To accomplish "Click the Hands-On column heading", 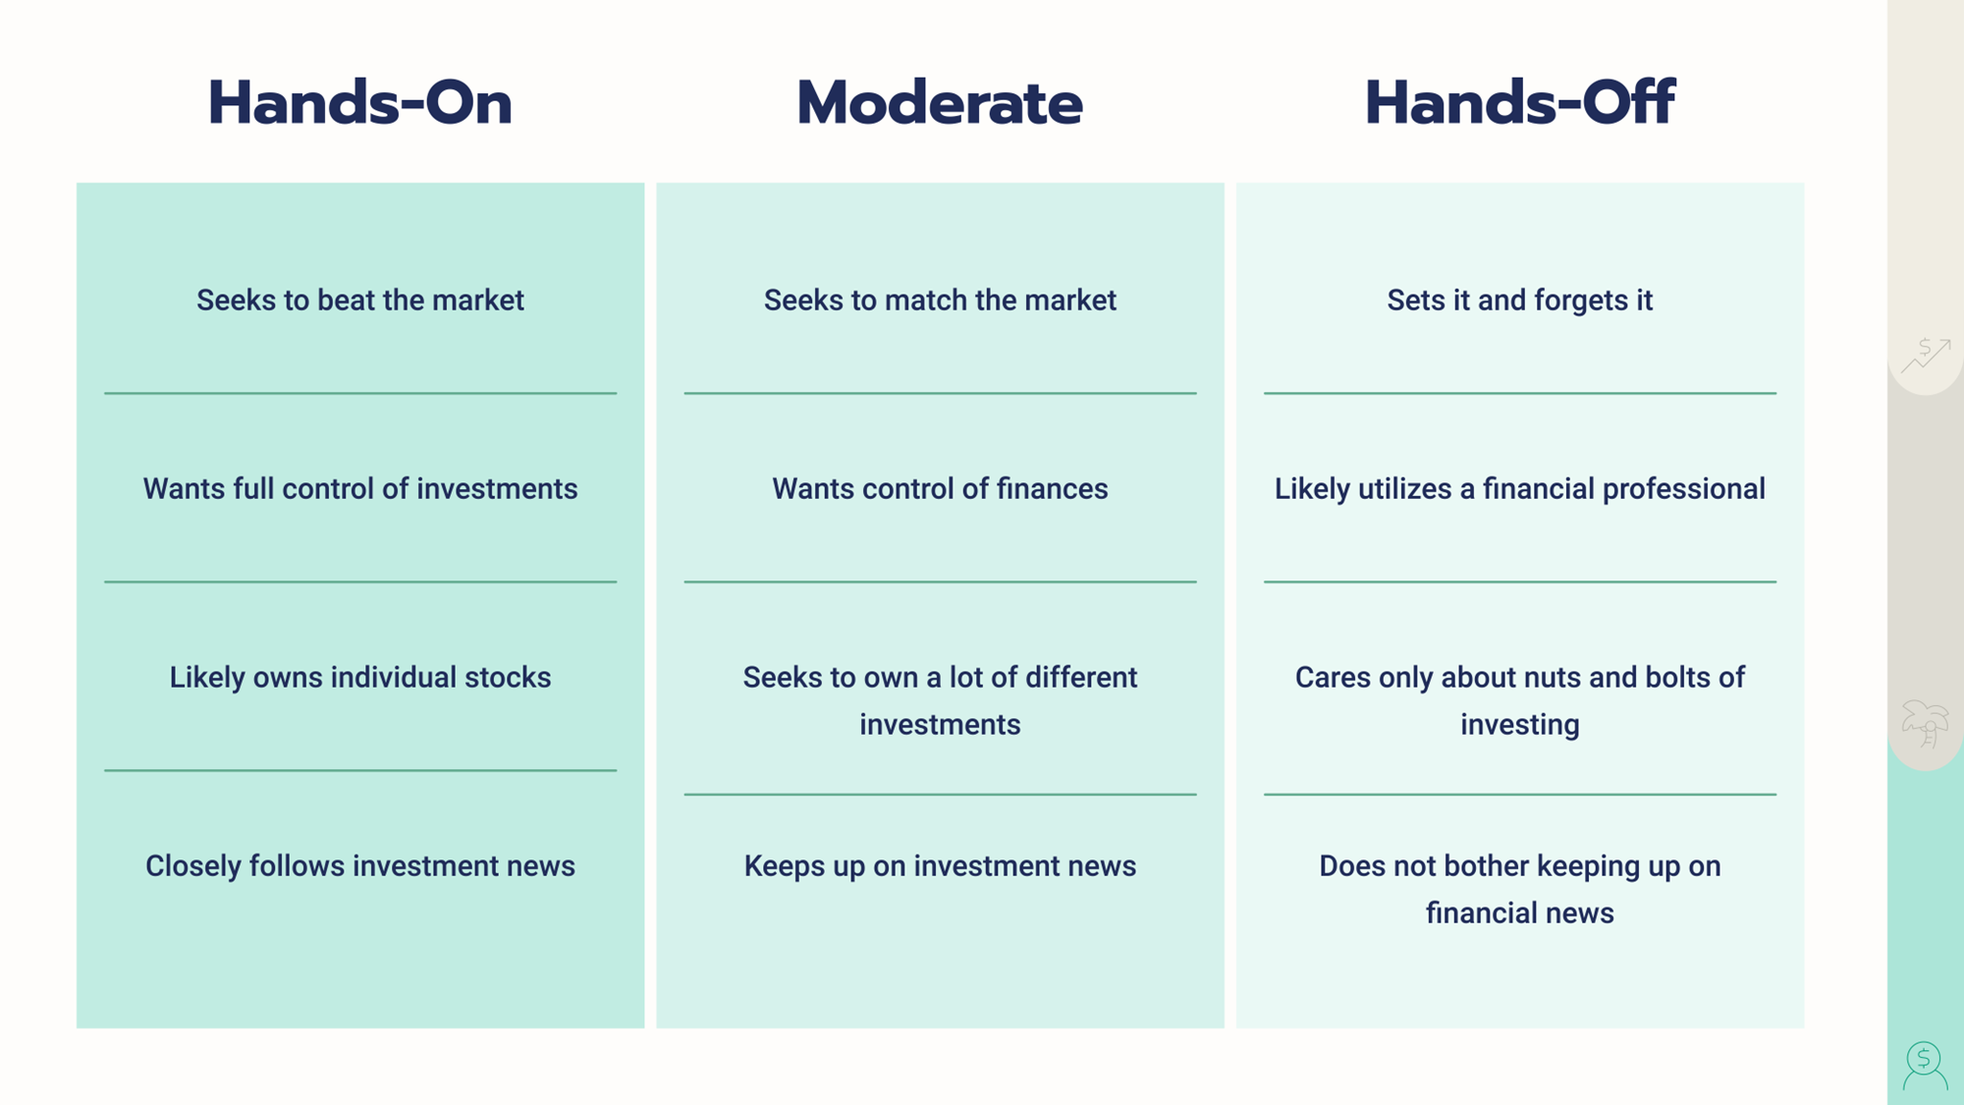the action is [359, 102].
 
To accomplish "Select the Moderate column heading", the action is [940, 102].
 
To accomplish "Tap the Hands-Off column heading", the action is [1519, 102].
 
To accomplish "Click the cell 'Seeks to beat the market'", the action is [360, 300].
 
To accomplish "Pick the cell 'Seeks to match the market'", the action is [940, 300].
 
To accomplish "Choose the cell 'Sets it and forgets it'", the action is [1519, 301].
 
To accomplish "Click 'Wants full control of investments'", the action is [360, 488].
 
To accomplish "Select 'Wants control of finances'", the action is [940, 488].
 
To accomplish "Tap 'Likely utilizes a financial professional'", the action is [1519, 489].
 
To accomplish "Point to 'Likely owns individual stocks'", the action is [360, 678].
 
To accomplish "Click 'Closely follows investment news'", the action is [360, 866].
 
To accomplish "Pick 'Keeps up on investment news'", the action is [940, 866].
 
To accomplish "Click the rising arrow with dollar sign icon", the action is [1926, 355].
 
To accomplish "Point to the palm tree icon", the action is [1925, 724].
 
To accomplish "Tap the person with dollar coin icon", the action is [1925, 1066].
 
